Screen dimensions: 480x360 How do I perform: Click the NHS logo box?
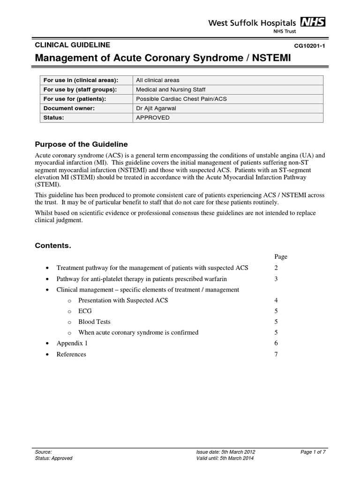[x=313, y=22]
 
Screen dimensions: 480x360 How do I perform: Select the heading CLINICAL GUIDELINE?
[x=73, y=45]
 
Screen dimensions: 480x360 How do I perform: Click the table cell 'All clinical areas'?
[x=157, y=80]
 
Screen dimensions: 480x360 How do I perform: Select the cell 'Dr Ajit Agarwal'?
[x=156, y=108]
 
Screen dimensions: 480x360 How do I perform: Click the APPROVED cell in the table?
[x=153, y=118]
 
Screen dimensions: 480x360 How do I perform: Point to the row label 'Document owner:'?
[x=69, y=108]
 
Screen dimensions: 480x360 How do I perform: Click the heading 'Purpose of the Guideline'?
[x=82, y=144]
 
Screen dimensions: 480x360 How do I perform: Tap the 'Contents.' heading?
[x=53, y=246]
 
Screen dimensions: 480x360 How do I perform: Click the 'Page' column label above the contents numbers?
[x=280, y=257]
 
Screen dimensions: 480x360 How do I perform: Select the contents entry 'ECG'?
[x=85, y=311]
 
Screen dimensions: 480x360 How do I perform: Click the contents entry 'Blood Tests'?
[x=94, y=322]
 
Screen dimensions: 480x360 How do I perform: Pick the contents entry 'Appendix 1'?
[x=72, y=343]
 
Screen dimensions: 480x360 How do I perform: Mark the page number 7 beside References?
[x=276, y=354]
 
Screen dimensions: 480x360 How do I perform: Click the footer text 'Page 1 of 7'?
[x=313, y=452]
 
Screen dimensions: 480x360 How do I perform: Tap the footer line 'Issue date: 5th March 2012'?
[x=226, y=452]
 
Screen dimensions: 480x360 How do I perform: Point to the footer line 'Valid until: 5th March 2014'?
[x=226, y=458]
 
